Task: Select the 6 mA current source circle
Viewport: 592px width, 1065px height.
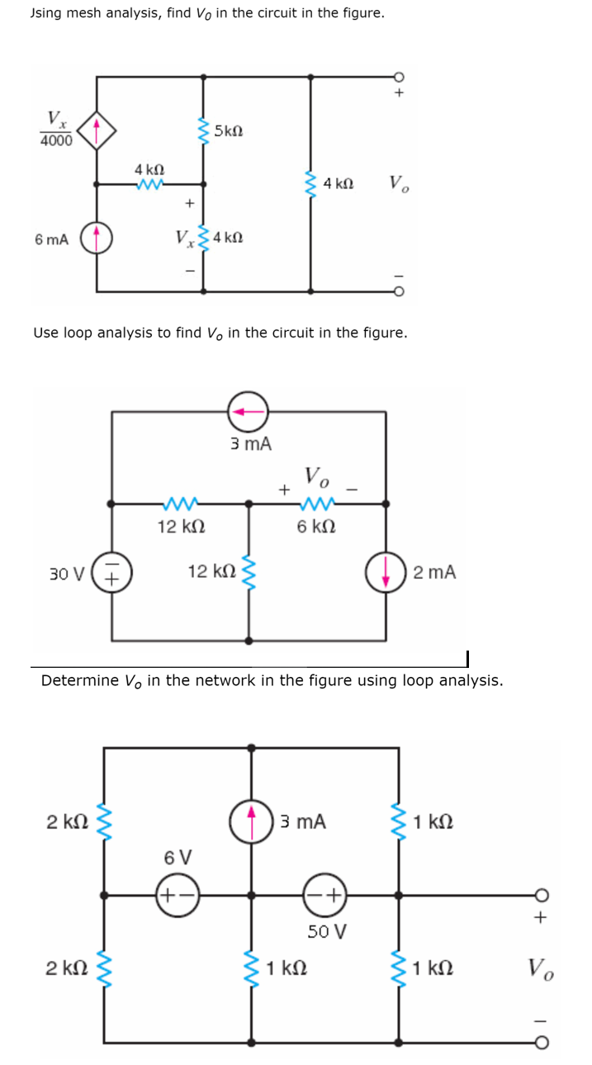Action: [x=97, y=238]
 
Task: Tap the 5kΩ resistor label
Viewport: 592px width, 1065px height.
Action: [x=228, y=130]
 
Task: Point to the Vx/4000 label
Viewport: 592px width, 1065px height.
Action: [x=55, y=129]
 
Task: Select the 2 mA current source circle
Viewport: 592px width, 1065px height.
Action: [x=386, y=572]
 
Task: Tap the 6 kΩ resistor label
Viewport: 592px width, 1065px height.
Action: [x=315, y=526]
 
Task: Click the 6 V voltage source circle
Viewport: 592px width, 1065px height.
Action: [x=178, y=895]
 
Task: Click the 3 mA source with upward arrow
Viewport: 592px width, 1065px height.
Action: [x=252, y=821]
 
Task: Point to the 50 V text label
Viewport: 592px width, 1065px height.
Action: [x=327, y=931]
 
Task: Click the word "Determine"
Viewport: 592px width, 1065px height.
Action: [x=78, y=680]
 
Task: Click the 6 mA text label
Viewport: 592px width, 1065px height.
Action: [x=52, y=239]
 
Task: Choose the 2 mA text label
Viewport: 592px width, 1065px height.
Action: [x=434, y=572]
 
